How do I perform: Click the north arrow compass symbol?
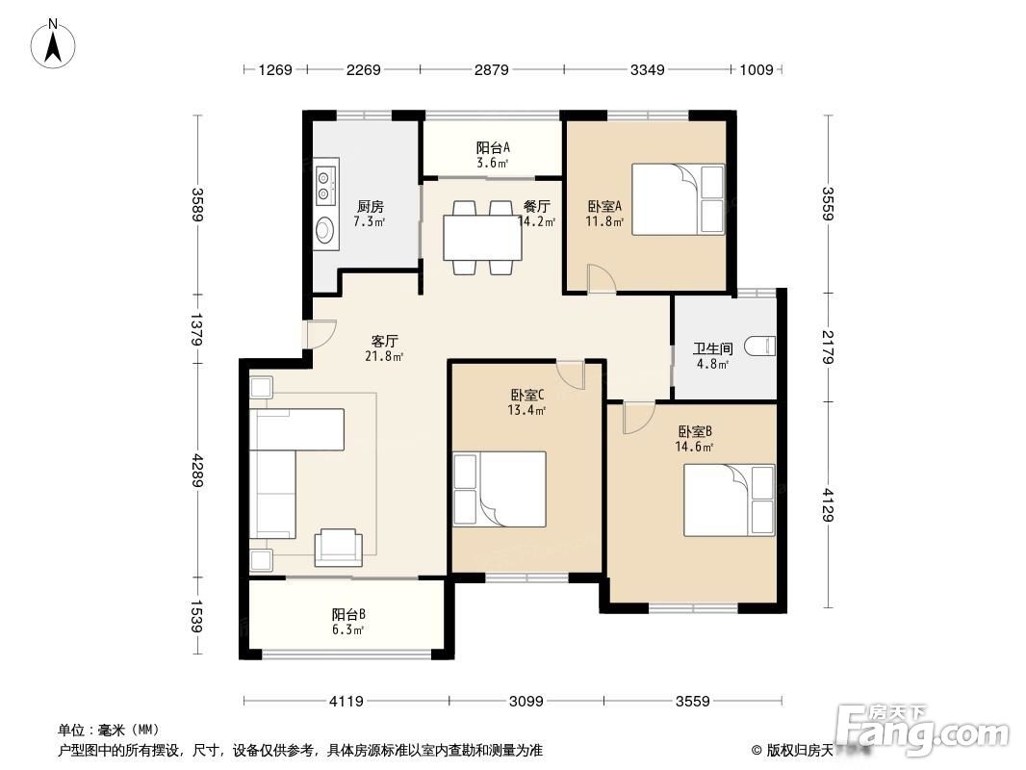pos(54,44)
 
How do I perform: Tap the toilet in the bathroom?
pos(761,346)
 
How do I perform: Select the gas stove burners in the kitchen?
pos(324,185)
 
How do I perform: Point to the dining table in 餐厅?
pos(482,237)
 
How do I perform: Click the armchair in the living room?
pos(338,548)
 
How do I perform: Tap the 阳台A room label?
pos(493,148)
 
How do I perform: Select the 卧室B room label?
pos(695,431)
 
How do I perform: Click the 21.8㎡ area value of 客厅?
pos(384,356)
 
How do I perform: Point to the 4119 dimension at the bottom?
pos(346,702)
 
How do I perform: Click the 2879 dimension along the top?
pos(492,69)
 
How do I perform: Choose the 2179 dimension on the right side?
pos(828,347)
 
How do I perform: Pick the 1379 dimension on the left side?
pos(197,328)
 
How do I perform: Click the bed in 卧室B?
pos(729,500)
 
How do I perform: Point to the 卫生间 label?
pos(712,348)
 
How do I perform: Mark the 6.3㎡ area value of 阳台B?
pos(346,629)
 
